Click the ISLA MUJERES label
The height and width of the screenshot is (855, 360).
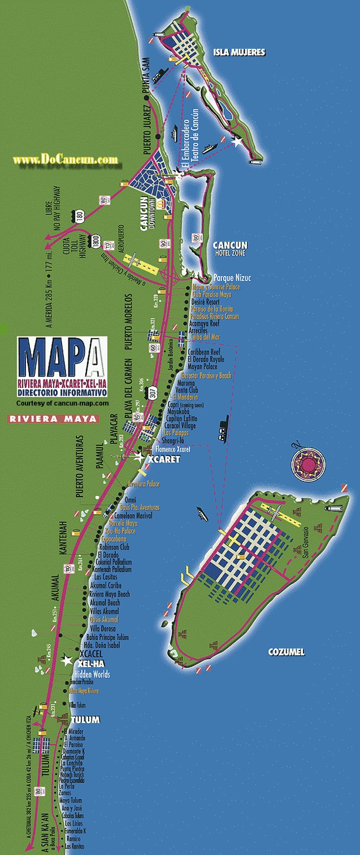[239, 53]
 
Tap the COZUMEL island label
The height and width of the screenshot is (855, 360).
[286, 652]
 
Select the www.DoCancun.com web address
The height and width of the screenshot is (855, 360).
[66, 161]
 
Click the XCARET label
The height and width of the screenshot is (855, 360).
[163, 460]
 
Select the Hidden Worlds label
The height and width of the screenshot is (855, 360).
[92, 675]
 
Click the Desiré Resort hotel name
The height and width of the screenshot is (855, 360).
[210, 303]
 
